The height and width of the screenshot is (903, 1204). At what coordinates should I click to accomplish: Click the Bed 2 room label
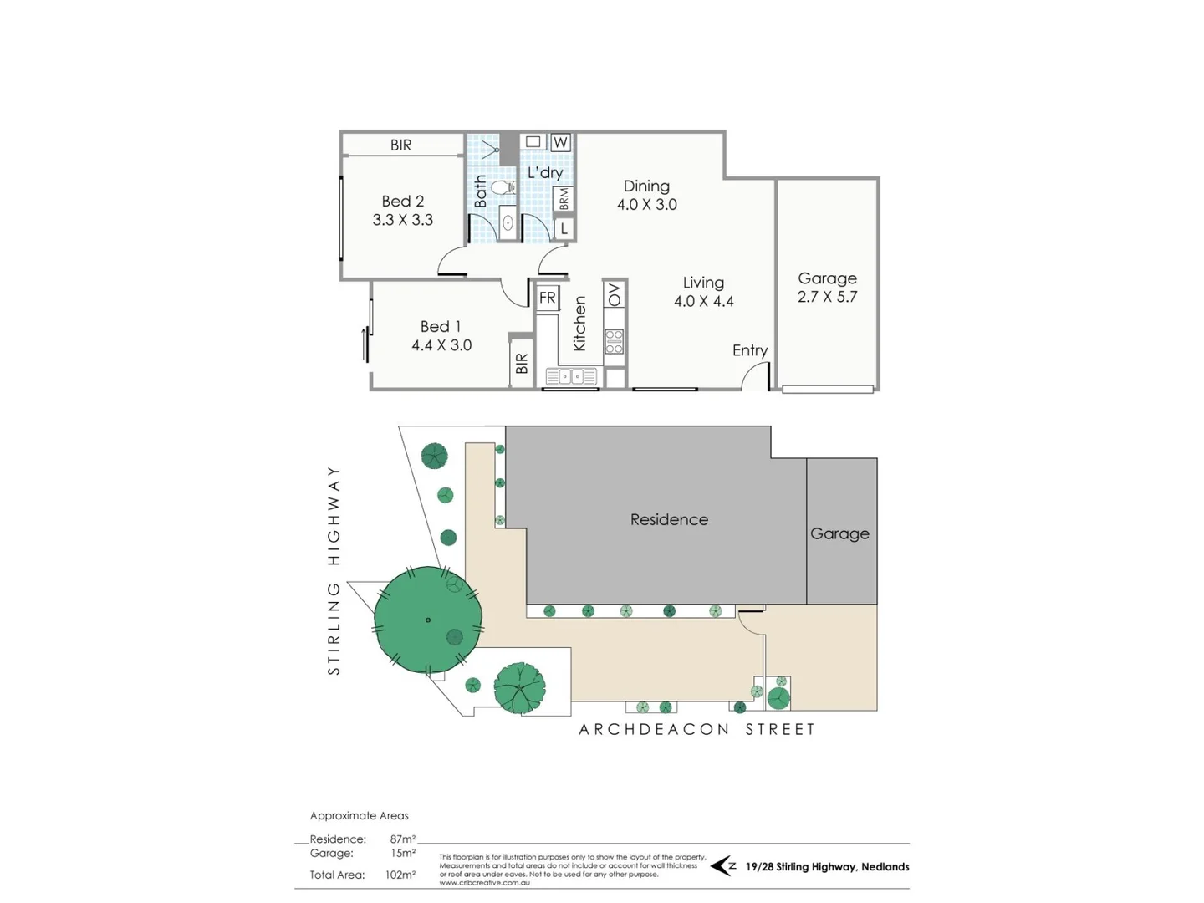click(x=402, y=202)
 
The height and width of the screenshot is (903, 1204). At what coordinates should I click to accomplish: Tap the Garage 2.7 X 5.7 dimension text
click(x=827, y=297)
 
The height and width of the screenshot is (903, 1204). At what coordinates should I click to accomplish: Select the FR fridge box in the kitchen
click(x=548, y=298)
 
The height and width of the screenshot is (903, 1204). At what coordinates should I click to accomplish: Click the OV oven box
click(x=615, y=294)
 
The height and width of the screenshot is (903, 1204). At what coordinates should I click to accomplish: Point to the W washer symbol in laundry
click(x=560, y=142)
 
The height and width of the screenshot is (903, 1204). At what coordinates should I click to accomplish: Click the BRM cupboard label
click(x=564, y=199)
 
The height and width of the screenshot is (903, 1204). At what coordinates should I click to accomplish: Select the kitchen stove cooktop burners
click(x=615, y=341)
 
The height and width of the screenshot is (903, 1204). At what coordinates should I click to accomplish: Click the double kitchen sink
click(x=571, y=377)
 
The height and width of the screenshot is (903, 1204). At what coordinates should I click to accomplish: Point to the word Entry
click(x=750, y=350)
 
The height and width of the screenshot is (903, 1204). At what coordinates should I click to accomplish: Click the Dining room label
click(x=646, y=186)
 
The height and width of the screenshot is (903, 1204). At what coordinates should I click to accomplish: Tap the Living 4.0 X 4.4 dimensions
click(x=703, y=302)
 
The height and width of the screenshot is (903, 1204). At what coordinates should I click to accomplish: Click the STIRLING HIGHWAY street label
click(x=334, y=570)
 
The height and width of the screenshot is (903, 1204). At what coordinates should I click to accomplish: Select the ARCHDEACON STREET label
click(x=696, y=729)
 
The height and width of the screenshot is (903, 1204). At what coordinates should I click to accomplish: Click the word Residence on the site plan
click(x=669, y=519)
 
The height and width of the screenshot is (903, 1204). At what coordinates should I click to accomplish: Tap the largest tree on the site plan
click(x=427, y=620)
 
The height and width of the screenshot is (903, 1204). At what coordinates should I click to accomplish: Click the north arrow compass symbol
click(x=722, y=866)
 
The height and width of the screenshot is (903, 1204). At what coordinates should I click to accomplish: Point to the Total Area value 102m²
click(x=400, y=875)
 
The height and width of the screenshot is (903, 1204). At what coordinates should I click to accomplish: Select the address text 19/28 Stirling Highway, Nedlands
click(x=827, y=867)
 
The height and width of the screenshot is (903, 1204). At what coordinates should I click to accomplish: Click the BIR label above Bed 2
click(x=401, y=145)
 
